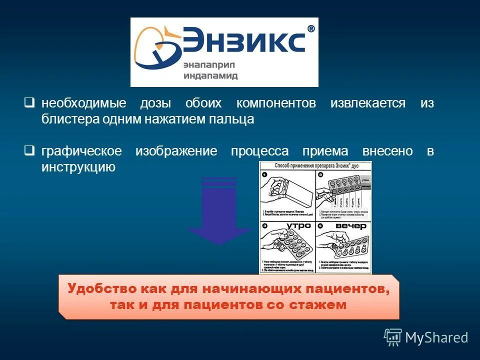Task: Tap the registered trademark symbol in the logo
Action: point(310,29)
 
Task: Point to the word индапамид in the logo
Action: point(210,76)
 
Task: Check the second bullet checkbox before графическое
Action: point(30,150)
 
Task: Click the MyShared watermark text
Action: point(436,337)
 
